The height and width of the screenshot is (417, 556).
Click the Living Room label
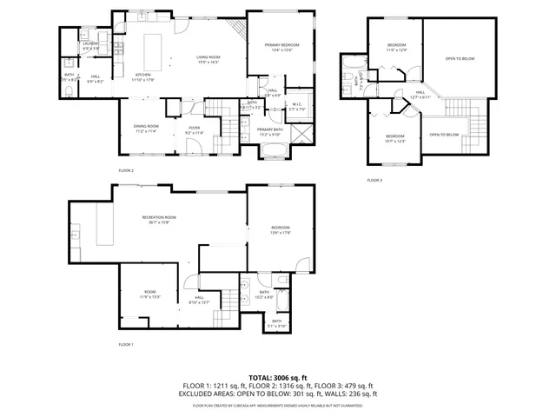(207, 58)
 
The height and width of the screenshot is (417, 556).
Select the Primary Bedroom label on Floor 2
(282, 45)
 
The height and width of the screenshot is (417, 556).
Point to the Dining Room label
(146, 128)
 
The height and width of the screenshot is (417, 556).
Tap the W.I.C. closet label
(296, 106)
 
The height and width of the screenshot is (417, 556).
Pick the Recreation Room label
(159, 219)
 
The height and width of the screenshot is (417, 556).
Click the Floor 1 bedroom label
(280, 229)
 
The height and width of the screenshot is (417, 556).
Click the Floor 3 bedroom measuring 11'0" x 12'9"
(396, 47)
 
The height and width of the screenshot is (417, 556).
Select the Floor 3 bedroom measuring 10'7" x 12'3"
(395, 137)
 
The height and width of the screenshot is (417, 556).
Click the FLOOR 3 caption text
(374, 179)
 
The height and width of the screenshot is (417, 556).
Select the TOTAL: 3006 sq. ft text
(278, 377)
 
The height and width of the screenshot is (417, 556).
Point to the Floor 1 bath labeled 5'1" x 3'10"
(276, 323)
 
